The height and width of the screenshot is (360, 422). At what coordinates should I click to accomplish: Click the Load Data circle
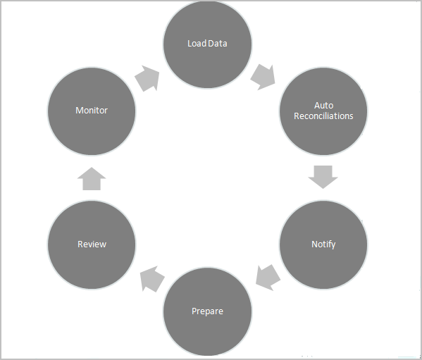click(207, 44)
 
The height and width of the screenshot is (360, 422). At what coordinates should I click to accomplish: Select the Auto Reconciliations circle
click(323, 111)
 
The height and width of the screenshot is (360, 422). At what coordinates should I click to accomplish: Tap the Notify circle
click(323, 244)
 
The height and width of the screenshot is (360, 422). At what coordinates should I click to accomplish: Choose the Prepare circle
click(207, 311)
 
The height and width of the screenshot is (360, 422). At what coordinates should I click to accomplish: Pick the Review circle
click(92, 244)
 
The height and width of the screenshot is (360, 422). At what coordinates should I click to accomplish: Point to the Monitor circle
click(92, 111)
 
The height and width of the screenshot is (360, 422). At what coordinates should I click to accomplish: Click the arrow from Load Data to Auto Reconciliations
click(263, 75)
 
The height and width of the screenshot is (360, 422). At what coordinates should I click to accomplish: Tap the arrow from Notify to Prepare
click(267, 278)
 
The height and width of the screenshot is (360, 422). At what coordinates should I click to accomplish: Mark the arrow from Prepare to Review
click(150, 280)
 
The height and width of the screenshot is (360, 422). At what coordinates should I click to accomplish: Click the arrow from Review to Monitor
click(92, 179)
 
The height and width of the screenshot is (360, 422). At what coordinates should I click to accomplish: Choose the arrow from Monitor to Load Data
click(147, 77)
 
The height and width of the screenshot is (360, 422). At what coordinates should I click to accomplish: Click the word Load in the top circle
click(197, 44)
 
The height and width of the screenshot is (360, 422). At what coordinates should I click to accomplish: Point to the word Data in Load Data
click(218, 44)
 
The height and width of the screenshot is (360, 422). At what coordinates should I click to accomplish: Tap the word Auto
click(323, 106)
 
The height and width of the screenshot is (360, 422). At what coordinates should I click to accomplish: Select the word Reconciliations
click(323, 116)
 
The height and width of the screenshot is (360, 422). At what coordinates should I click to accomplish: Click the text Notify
click(323, 244)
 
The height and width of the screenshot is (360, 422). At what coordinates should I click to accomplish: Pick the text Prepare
click(207, 311)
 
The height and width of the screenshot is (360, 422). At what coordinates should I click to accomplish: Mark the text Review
click(92, 244)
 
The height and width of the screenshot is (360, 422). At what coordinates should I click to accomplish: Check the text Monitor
click(92, 111)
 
